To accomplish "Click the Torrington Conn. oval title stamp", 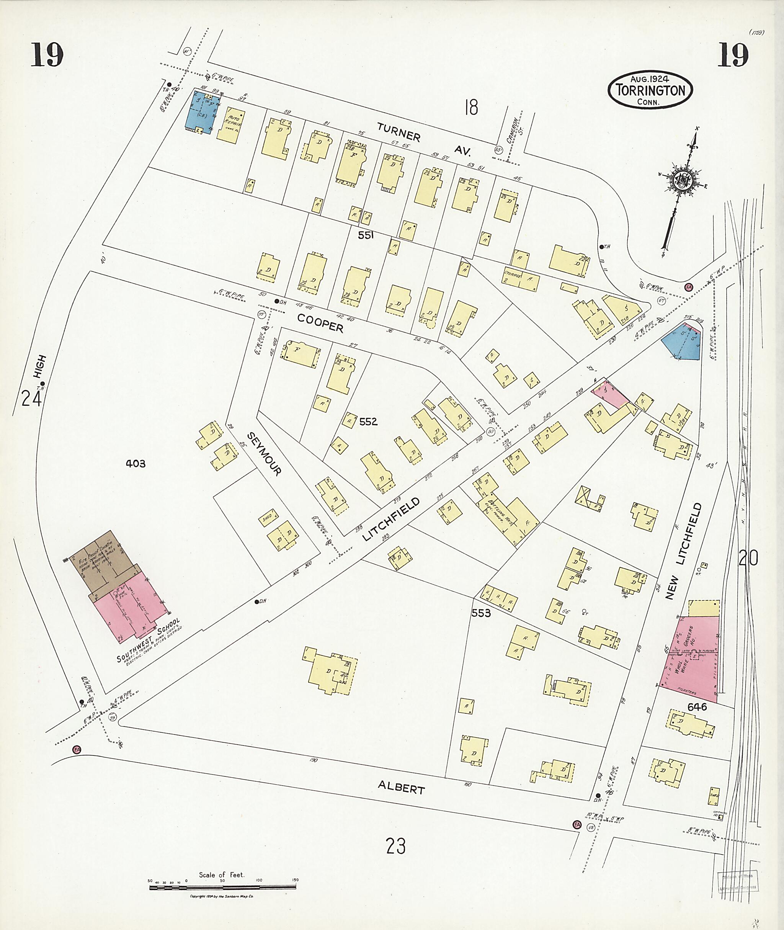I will [649, 90].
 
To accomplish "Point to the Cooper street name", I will [320, 323].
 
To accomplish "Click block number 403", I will [135, 464].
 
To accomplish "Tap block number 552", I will [368, 422].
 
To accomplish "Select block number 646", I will [696, 707].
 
